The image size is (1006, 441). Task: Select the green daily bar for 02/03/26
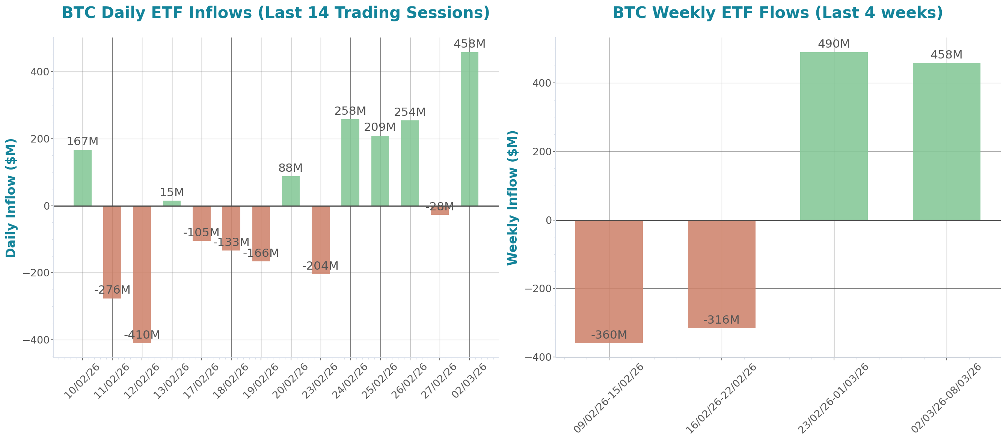[469, 129]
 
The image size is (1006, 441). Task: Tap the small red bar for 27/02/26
[439, 210]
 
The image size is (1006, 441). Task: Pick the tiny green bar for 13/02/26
[172, 203]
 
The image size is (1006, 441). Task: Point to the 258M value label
[350, 111]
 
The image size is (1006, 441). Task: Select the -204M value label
[320, 265]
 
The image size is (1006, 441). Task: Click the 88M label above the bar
[290, 168]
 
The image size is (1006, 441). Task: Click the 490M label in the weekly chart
[833, 43]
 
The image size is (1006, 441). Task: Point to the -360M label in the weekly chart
[608, 334]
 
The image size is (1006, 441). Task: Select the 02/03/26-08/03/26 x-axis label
[946, 398]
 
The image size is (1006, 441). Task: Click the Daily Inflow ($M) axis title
[11, 198]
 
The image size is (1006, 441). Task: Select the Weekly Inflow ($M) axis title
[512, 198]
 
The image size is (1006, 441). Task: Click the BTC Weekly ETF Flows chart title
[777, 12]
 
